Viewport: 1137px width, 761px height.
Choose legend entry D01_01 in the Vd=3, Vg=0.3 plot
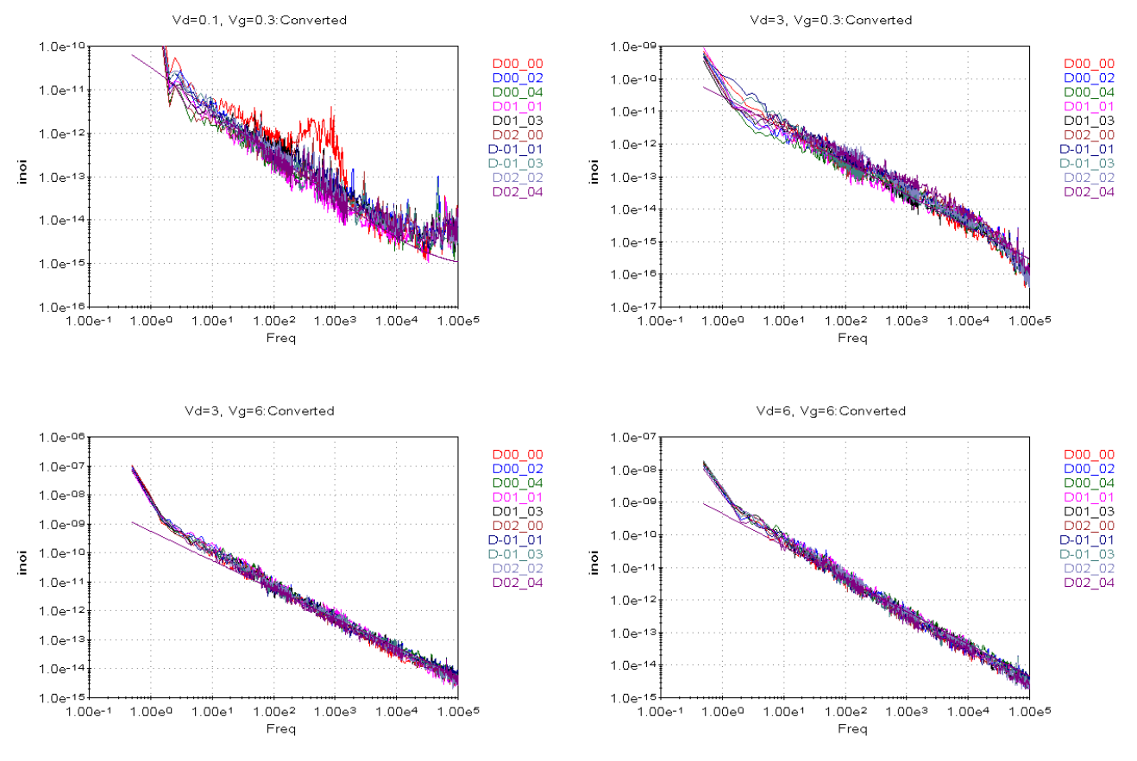pyautogui.click(x=1089, y=106)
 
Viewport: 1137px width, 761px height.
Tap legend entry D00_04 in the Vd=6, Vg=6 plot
pyautogui.click(x=1089, y=483)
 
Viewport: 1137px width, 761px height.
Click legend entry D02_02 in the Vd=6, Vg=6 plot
pyautogui.click(x=1089, y=569)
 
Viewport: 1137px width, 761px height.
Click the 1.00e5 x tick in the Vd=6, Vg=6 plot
pyautogui.click(x=1027, y=712)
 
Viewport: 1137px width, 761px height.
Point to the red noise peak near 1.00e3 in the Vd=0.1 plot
pyautogui.click(x=330, y=111)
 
